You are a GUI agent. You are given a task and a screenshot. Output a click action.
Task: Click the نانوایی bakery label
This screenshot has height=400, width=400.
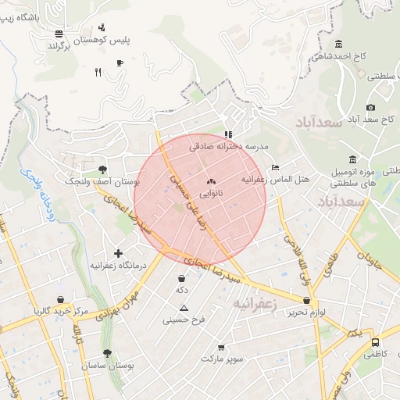pos(211,192)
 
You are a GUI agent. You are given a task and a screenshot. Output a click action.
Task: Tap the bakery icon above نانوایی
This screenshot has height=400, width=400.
pos(211,180)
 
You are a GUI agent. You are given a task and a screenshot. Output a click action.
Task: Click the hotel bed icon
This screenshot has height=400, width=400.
pos(274,167)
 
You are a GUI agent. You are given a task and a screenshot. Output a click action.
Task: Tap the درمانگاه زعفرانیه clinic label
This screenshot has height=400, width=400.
pos(119,266)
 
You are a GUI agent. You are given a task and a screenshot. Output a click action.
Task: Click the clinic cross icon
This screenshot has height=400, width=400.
pos(119,253)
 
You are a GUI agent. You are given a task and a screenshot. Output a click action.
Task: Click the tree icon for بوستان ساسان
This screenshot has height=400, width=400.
pos(107,353)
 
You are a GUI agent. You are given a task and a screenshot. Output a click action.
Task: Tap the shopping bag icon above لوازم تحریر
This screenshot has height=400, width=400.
pos(308,299)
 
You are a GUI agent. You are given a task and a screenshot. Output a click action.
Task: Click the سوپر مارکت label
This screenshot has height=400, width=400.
pos(222,359)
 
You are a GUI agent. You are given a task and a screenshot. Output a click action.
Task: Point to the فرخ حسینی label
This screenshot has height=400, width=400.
pos(184,320)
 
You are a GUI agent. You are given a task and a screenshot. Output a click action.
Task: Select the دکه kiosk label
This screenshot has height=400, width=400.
pos(182,290)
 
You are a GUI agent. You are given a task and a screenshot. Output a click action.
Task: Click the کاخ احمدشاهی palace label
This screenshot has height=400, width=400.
pos(338,56)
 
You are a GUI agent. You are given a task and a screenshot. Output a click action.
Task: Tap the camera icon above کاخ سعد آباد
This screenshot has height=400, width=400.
pos(370,108)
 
